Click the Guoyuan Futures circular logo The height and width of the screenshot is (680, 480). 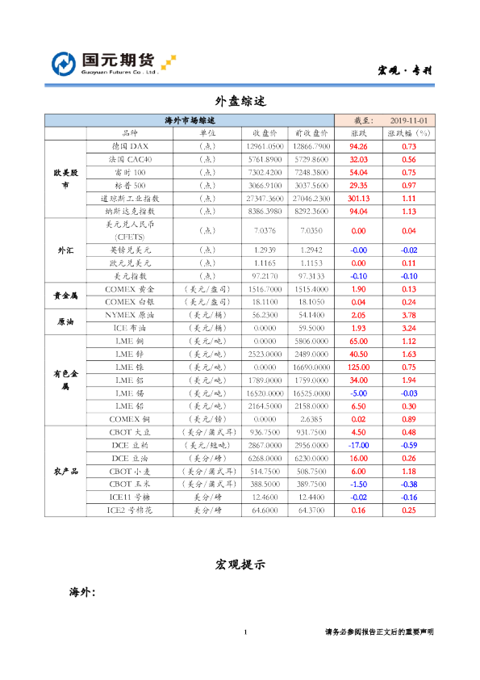(x=64, y=63)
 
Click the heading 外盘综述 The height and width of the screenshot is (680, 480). (x=240, y=102)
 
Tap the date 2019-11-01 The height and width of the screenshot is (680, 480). (x=407, y=120)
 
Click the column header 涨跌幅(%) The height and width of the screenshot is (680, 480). (x=408, y=133)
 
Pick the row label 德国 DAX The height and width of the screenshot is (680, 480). (x=130, y=147)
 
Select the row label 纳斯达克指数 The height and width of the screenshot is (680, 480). (x=130, y=211)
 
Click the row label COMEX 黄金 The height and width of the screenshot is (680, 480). (x=130, y=289)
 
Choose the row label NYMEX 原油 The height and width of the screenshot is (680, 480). (x=130, y=315)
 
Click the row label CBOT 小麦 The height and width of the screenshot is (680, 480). (x=130, y=471)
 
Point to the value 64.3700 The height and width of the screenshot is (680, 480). (x=311, y=510)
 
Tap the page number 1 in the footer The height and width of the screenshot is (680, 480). (x=245, y=632)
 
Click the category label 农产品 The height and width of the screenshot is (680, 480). (x=65, y=471)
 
